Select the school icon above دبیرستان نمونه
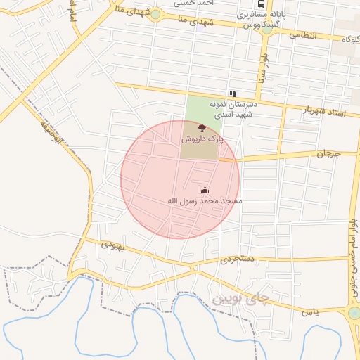(233, 94)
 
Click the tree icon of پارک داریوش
(202, 129)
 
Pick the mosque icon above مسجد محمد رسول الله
(205, 190)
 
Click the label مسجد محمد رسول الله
(205, 201)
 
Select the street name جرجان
(327, 153)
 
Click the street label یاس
(310, 311)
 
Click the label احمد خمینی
(214, 2)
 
